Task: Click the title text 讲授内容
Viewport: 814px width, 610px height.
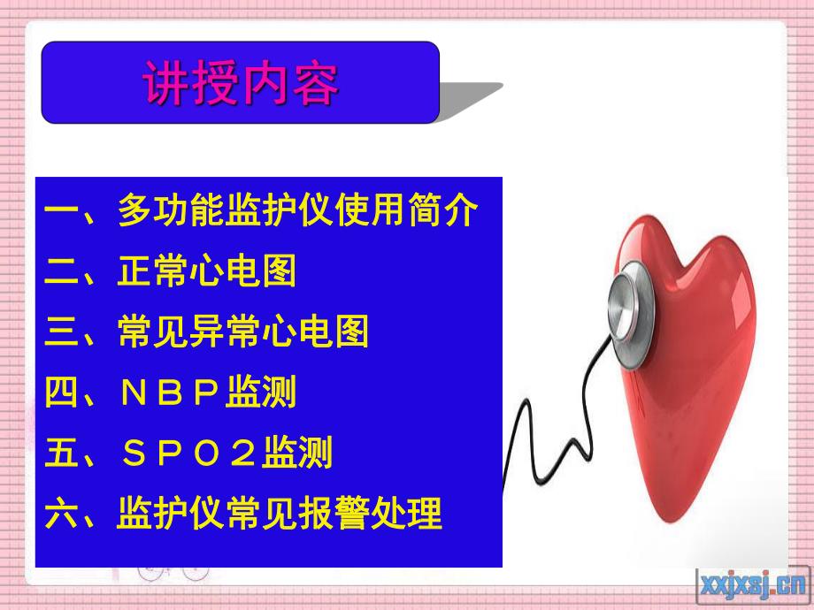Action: coord(241,85)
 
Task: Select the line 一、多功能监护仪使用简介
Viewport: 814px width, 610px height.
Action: coord(262,212)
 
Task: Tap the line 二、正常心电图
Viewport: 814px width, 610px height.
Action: coord(171,272)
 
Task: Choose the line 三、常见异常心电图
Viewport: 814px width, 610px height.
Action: coord(207,332)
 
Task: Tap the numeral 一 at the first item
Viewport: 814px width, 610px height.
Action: coord(62,213)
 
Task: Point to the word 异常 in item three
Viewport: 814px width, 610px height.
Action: coord(225,332)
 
